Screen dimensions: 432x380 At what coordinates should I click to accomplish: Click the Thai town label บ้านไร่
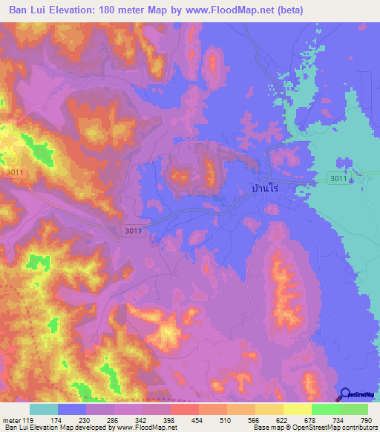[x=268, y=190]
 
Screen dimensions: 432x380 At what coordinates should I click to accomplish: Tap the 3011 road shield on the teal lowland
[x=338, y=178]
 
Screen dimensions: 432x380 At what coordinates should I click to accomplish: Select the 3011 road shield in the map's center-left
[x=133, y=231]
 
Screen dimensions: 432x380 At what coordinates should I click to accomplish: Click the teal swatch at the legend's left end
[x=43, y=409]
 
